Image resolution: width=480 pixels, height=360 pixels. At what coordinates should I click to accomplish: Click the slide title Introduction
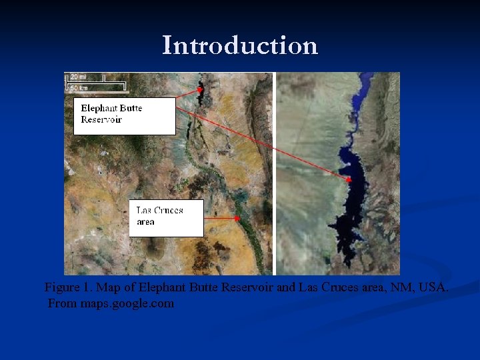240,45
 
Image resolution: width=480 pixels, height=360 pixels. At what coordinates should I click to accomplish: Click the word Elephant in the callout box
97,108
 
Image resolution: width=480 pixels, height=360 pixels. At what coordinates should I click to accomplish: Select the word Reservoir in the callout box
101,120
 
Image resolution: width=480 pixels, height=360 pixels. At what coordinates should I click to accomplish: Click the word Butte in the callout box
131,108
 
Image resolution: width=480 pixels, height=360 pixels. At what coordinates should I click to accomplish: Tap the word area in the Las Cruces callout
145,222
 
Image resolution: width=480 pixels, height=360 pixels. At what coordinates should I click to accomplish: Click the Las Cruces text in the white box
159,211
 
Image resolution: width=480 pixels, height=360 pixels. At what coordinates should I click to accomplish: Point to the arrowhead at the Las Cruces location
237,218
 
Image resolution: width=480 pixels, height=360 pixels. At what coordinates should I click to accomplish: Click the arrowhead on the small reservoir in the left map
199,89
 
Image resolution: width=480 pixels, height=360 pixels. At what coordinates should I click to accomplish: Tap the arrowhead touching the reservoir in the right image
349,179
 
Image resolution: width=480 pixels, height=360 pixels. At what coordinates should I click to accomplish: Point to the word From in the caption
63,304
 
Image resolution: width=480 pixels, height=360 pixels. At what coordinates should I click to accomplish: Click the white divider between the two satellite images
274,173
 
